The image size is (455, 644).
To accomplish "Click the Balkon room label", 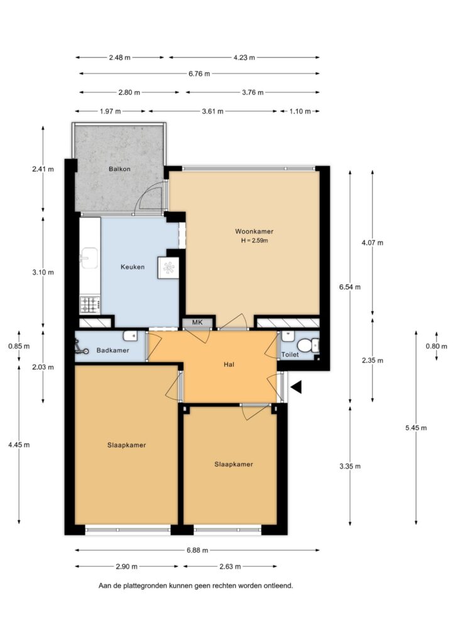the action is pos(119,169).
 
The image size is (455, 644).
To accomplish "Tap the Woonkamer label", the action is pos(254,231).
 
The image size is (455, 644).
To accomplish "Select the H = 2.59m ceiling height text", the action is pos(255,241).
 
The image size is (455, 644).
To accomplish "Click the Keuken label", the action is pos(133,267).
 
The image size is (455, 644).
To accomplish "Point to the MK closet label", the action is pos(197,323).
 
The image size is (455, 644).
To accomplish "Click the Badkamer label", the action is pos(113,350).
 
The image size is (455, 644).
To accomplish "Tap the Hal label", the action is pos(229,364).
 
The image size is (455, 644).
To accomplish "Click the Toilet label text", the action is pos(290,355).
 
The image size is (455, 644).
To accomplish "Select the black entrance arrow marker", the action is pos(296,387).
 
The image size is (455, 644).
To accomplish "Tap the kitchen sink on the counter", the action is pos(89,258).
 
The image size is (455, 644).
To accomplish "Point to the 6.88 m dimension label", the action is pos(197,550).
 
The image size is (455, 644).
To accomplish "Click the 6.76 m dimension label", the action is pos(199,74).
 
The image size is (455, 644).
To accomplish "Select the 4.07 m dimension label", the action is pos(372,243).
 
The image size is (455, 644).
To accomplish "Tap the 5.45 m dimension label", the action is pos(415,428).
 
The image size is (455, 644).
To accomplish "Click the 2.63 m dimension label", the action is pos(230,567).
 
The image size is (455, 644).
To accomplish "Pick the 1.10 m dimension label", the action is pos(300,111).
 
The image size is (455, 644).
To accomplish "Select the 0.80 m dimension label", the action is pos(436,347).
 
